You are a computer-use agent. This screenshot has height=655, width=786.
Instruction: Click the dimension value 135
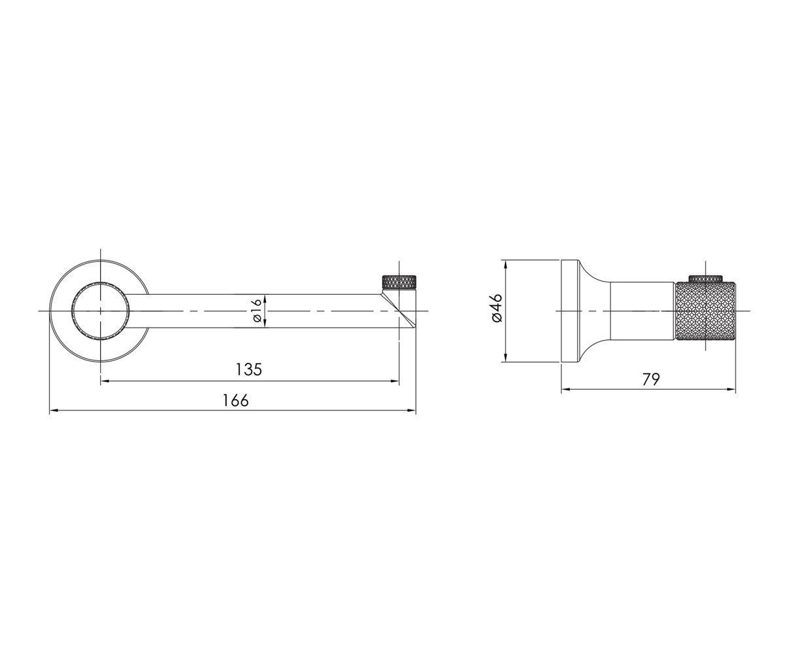(x=248, y=369)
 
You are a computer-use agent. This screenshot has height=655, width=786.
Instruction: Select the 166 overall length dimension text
(x=236, y=400)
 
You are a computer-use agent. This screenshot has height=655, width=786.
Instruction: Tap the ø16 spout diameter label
(x=257, y=310)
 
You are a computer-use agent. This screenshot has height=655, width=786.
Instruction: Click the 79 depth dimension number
(x=651, y=379)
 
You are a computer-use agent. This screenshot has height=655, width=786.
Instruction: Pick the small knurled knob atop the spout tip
(x=399, y=282)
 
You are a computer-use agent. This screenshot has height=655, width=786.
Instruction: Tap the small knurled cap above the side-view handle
(x=705, y=278)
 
